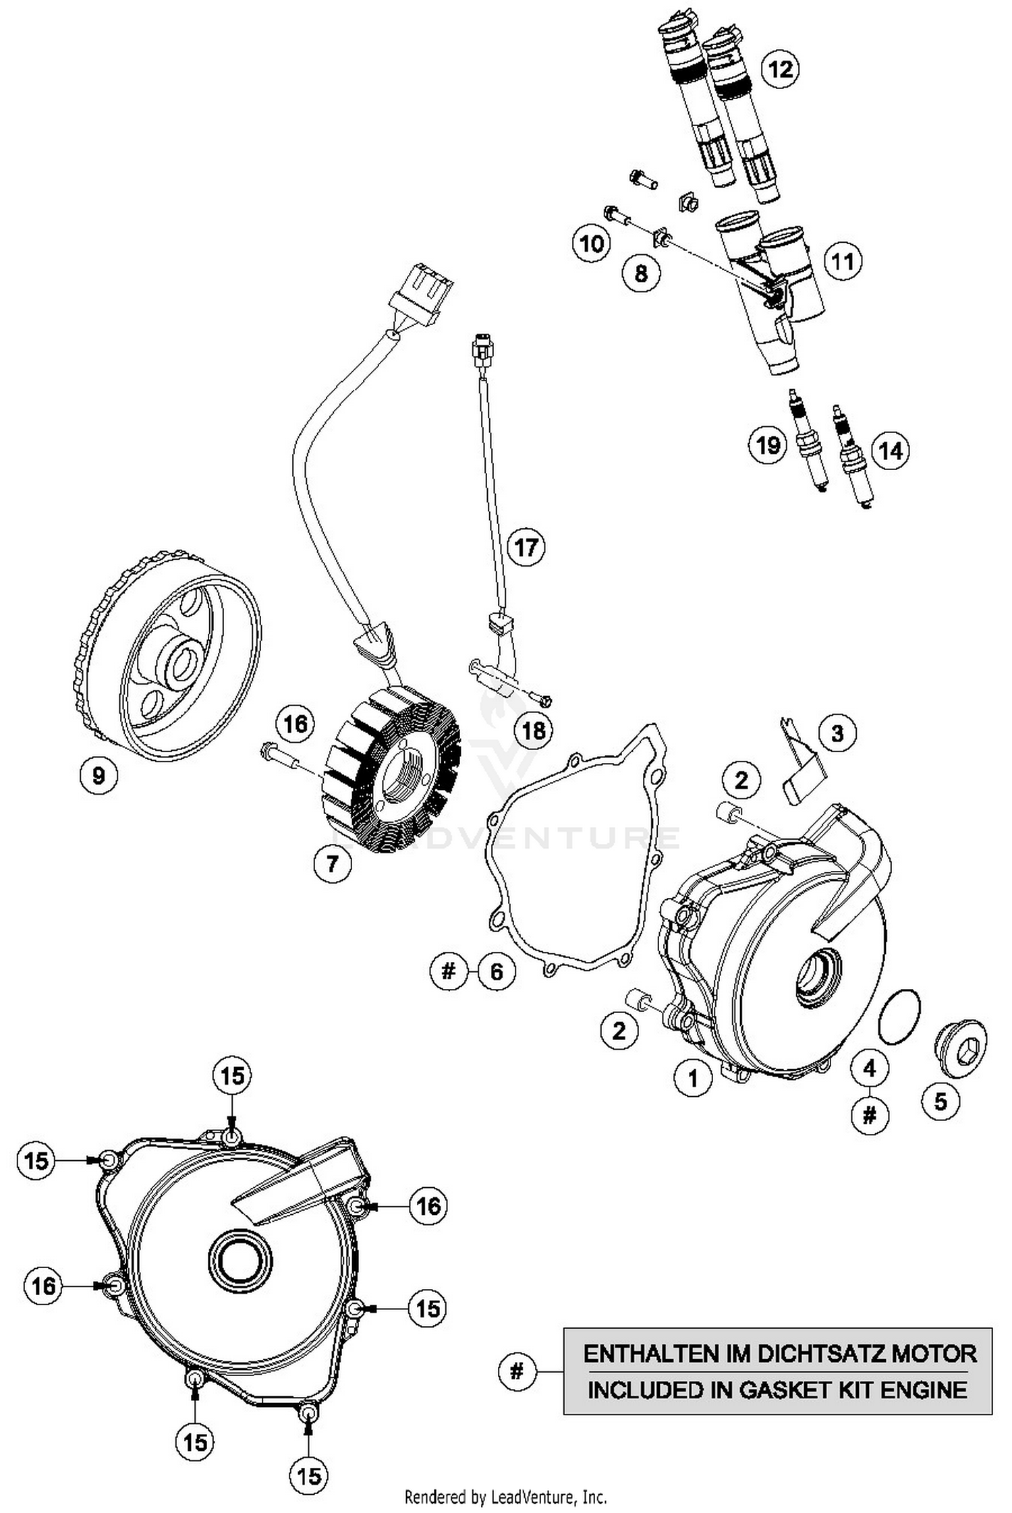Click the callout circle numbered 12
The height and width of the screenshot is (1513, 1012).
coord(780,69)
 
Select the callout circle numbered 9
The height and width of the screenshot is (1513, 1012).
coord(99,775)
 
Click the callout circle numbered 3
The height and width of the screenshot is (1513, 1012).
coord(837,733)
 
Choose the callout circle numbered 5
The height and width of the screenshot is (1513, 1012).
coord(940,1102)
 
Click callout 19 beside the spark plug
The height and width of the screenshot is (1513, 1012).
coord(768,445)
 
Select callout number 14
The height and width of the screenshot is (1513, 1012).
coord(891,451)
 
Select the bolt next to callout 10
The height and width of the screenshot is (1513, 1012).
coord(619,215)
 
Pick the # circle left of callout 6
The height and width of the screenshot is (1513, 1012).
coord(449,971)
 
